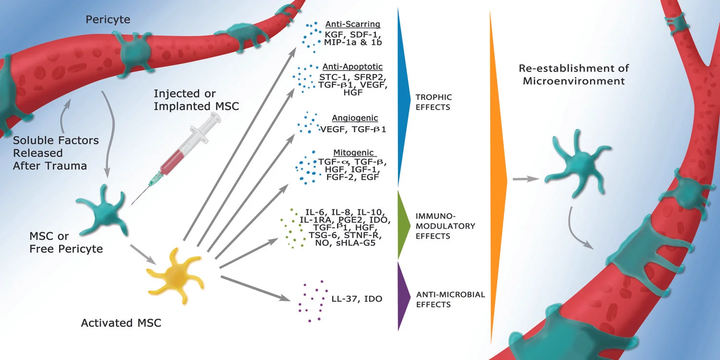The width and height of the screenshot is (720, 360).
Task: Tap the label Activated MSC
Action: pyautogui.click(x=121, y=323)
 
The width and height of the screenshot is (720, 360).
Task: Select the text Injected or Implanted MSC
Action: pyautogui.click(x=196, y=100)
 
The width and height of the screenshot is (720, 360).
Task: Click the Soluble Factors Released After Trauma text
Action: pyautogui.click(x=56, y=153)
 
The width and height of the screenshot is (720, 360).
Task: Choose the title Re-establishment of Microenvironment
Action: pyautogui.click(x=574, y=74)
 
